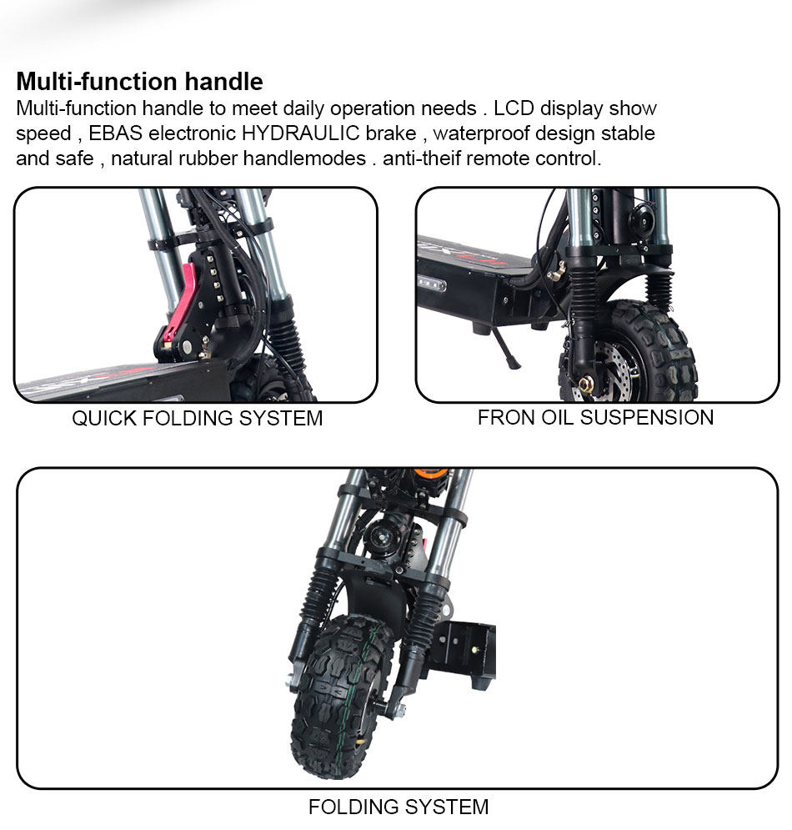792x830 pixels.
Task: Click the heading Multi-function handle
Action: pyautogui.click(x=139, y=82)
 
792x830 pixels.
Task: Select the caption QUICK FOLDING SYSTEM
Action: pyautogui.click(x=197, y=418)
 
